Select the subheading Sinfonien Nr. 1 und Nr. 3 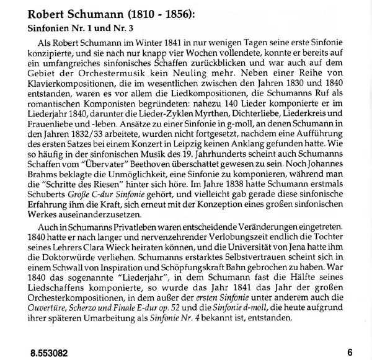pos(84,30)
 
